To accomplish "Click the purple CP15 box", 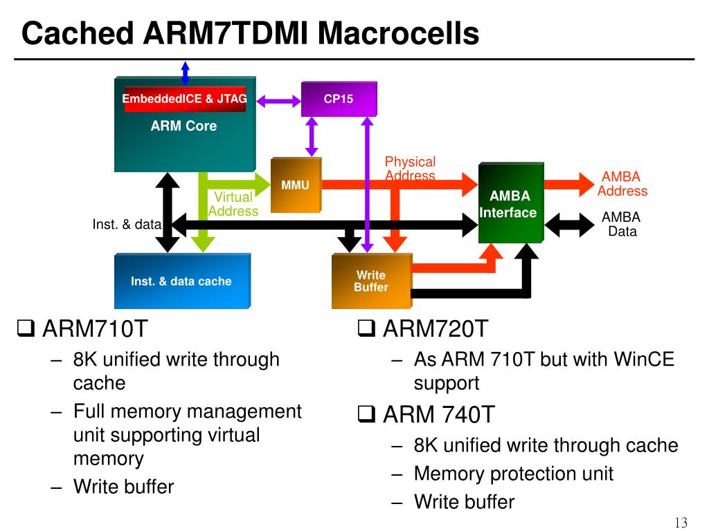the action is (339, 99).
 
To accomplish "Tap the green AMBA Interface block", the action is (511, 203).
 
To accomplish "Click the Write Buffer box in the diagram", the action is (372, 281).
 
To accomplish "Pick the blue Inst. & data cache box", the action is (182, 281).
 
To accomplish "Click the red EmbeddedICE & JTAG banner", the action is (184, 99).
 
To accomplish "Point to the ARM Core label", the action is (183, 126).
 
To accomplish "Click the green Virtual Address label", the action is (233, 204).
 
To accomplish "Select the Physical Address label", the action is (410, 169).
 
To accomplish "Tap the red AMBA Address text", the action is (622, 184).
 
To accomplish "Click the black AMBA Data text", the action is (621, 224).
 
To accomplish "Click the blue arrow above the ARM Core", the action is (185, 73).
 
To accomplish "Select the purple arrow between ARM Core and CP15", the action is (278, 101).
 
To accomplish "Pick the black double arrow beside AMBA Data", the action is (569, 225).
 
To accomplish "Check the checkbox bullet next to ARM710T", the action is (26, 328).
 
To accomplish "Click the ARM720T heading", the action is (436, 328).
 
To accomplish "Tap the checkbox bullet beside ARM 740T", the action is (366, 413).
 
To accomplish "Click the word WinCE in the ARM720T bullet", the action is (644, 360).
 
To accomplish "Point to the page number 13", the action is (681, 523).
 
